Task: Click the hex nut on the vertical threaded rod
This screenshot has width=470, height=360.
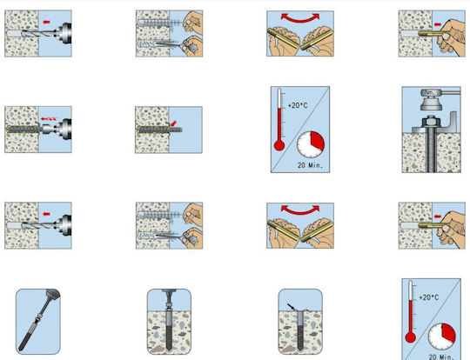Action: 431,122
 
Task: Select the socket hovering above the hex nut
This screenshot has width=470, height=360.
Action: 431,103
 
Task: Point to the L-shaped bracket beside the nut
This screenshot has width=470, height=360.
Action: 450,123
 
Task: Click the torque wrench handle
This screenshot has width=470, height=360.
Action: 449,92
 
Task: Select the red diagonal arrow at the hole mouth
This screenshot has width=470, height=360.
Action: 173,123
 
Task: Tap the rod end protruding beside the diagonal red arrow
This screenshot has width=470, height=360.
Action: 177,130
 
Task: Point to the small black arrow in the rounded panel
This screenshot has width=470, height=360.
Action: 291,307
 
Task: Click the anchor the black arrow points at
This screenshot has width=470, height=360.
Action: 300,330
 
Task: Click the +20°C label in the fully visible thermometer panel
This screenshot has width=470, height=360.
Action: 298,105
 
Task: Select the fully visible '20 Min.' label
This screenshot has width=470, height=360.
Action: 310,165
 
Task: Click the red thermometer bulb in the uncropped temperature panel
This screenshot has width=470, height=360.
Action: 279,146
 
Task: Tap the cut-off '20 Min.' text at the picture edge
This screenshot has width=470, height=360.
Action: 441,357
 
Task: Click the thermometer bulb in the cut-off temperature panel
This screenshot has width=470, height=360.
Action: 410,338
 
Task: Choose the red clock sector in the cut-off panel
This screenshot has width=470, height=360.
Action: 448,332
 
